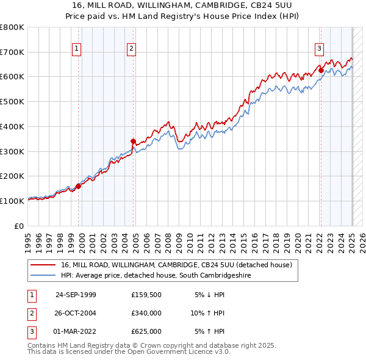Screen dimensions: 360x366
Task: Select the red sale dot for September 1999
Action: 79,186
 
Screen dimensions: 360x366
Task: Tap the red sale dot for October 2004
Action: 134,142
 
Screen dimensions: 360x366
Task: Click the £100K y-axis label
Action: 12,201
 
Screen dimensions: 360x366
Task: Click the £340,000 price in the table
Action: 146,313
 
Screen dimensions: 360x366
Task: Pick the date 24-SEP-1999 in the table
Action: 76,295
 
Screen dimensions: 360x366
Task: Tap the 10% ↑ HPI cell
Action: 207,313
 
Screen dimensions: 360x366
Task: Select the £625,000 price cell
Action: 146,331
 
